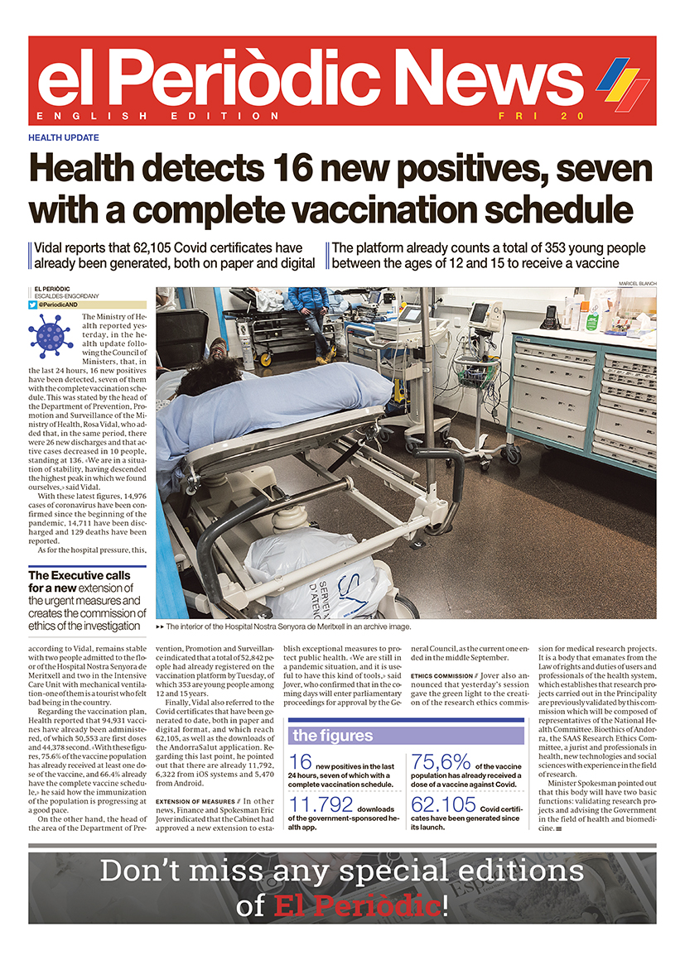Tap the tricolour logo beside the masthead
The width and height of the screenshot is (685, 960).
point(623,84)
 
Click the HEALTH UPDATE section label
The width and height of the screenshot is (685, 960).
point(64,137)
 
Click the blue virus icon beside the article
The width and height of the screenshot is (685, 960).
point(51,336)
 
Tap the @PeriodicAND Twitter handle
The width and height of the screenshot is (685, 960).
point(64,305)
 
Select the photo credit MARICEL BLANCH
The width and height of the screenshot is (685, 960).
point(637,284)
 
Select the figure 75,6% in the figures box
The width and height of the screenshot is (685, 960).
point(441,762)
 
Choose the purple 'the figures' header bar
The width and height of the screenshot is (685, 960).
point(406,735)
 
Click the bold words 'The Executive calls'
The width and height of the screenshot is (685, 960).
point(80,575)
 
